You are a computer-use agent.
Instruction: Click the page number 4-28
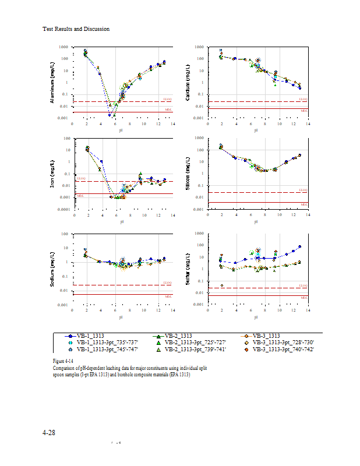[49, 433]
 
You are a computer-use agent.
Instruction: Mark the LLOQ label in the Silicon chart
[302, 190]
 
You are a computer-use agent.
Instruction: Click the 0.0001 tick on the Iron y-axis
[65, 209]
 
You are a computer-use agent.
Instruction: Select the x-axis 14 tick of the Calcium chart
[308, 123]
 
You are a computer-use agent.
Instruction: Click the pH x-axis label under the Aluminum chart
[121, 130]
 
